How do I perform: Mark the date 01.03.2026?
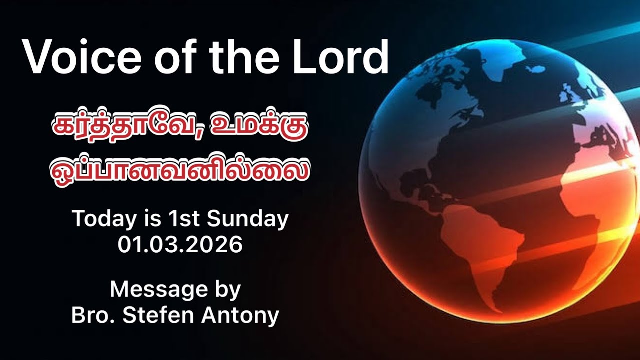click(x=180, y=245)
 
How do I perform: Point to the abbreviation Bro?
click(x=90, y=315)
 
